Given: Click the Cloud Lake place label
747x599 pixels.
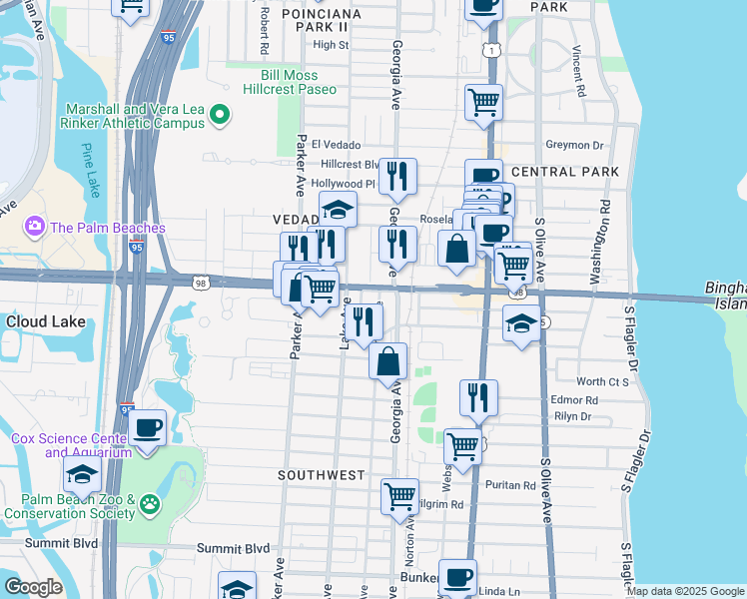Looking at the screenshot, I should click(x=44, y=322).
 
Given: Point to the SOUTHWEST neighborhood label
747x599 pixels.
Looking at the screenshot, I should click(x=322, y=475).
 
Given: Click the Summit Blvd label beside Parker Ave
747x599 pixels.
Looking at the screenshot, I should click(x=233, y=548).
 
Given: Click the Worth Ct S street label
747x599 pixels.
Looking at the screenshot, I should click(x=603, y=381).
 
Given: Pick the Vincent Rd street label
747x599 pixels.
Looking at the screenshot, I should click(x=578, y=70).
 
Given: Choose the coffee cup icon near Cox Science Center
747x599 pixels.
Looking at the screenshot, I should click(x=148, y=428).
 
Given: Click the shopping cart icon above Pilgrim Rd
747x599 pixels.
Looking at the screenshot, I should click(x=399, y=494).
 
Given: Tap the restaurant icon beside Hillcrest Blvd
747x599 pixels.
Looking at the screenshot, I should click(x=397, y=176).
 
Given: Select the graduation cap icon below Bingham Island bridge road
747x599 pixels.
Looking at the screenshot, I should click(x=520, y=324).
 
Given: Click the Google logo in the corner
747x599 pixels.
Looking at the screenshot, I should click(x=33, y=587).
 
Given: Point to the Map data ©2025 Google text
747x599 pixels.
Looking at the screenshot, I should click(x=684, y=591).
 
